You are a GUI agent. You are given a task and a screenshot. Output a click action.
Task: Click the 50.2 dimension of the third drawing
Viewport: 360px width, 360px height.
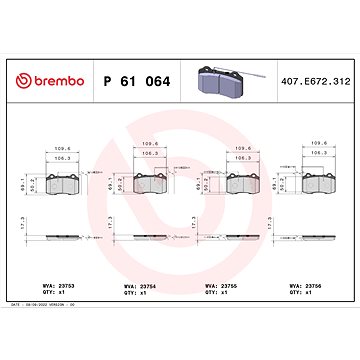(211, 186)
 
